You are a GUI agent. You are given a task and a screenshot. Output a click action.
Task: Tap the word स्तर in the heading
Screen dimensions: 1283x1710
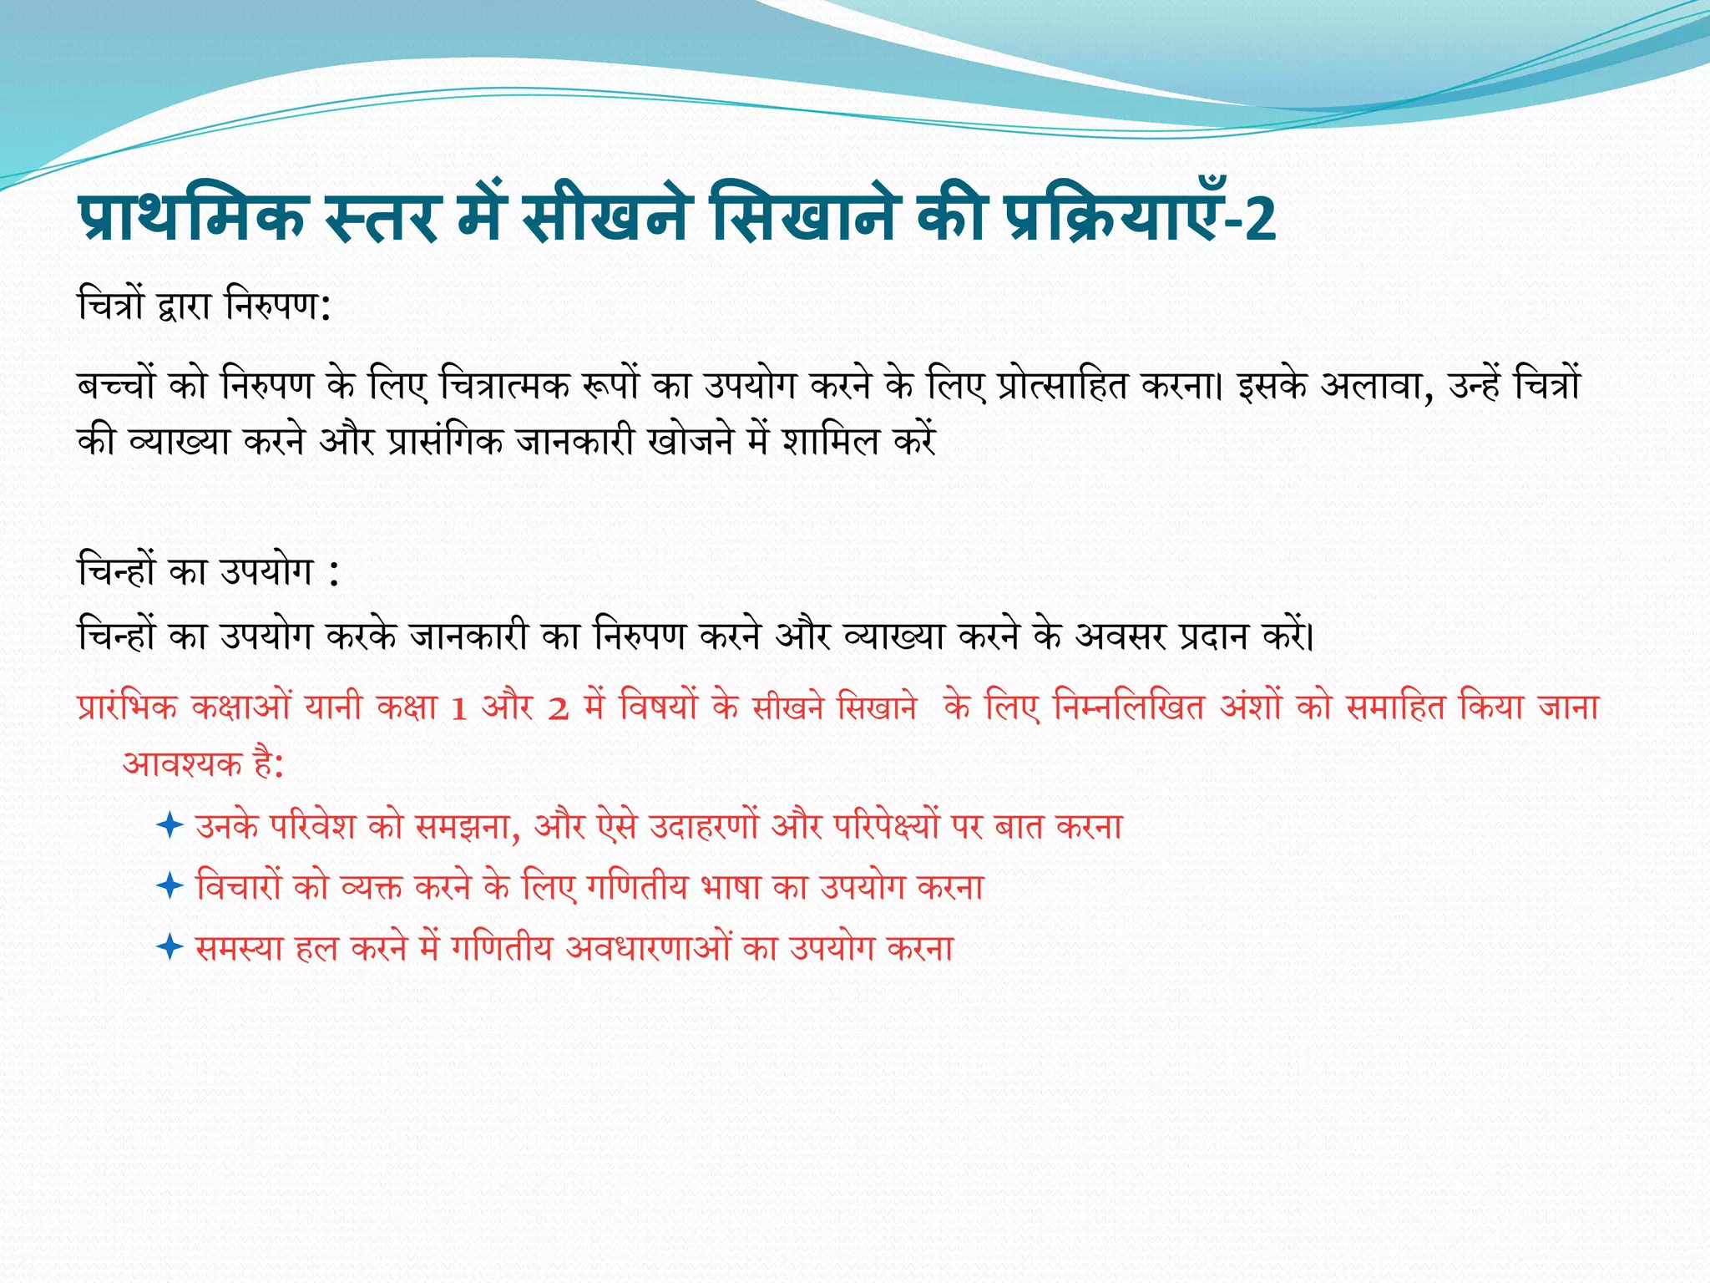382,219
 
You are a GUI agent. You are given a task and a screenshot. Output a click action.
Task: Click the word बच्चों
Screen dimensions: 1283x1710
116,385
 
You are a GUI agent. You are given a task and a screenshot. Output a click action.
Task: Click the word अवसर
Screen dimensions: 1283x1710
1120,636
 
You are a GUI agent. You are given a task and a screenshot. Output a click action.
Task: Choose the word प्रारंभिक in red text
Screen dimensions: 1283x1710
128,708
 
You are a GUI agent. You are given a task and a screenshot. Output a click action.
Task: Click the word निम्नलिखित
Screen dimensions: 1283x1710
1129,708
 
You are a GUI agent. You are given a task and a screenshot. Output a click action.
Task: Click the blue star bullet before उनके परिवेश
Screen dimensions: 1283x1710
169,826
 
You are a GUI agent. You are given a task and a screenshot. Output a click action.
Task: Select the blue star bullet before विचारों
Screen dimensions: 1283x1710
169,885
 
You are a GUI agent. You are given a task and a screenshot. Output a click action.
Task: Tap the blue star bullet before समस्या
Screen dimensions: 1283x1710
169,947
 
